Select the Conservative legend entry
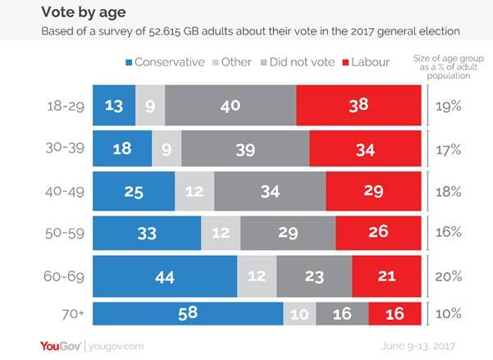pos(164,62)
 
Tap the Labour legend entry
pos(372,62)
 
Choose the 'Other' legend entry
pos(231,62)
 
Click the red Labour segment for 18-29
pos(357,104)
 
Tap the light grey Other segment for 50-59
pos(220,232)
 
